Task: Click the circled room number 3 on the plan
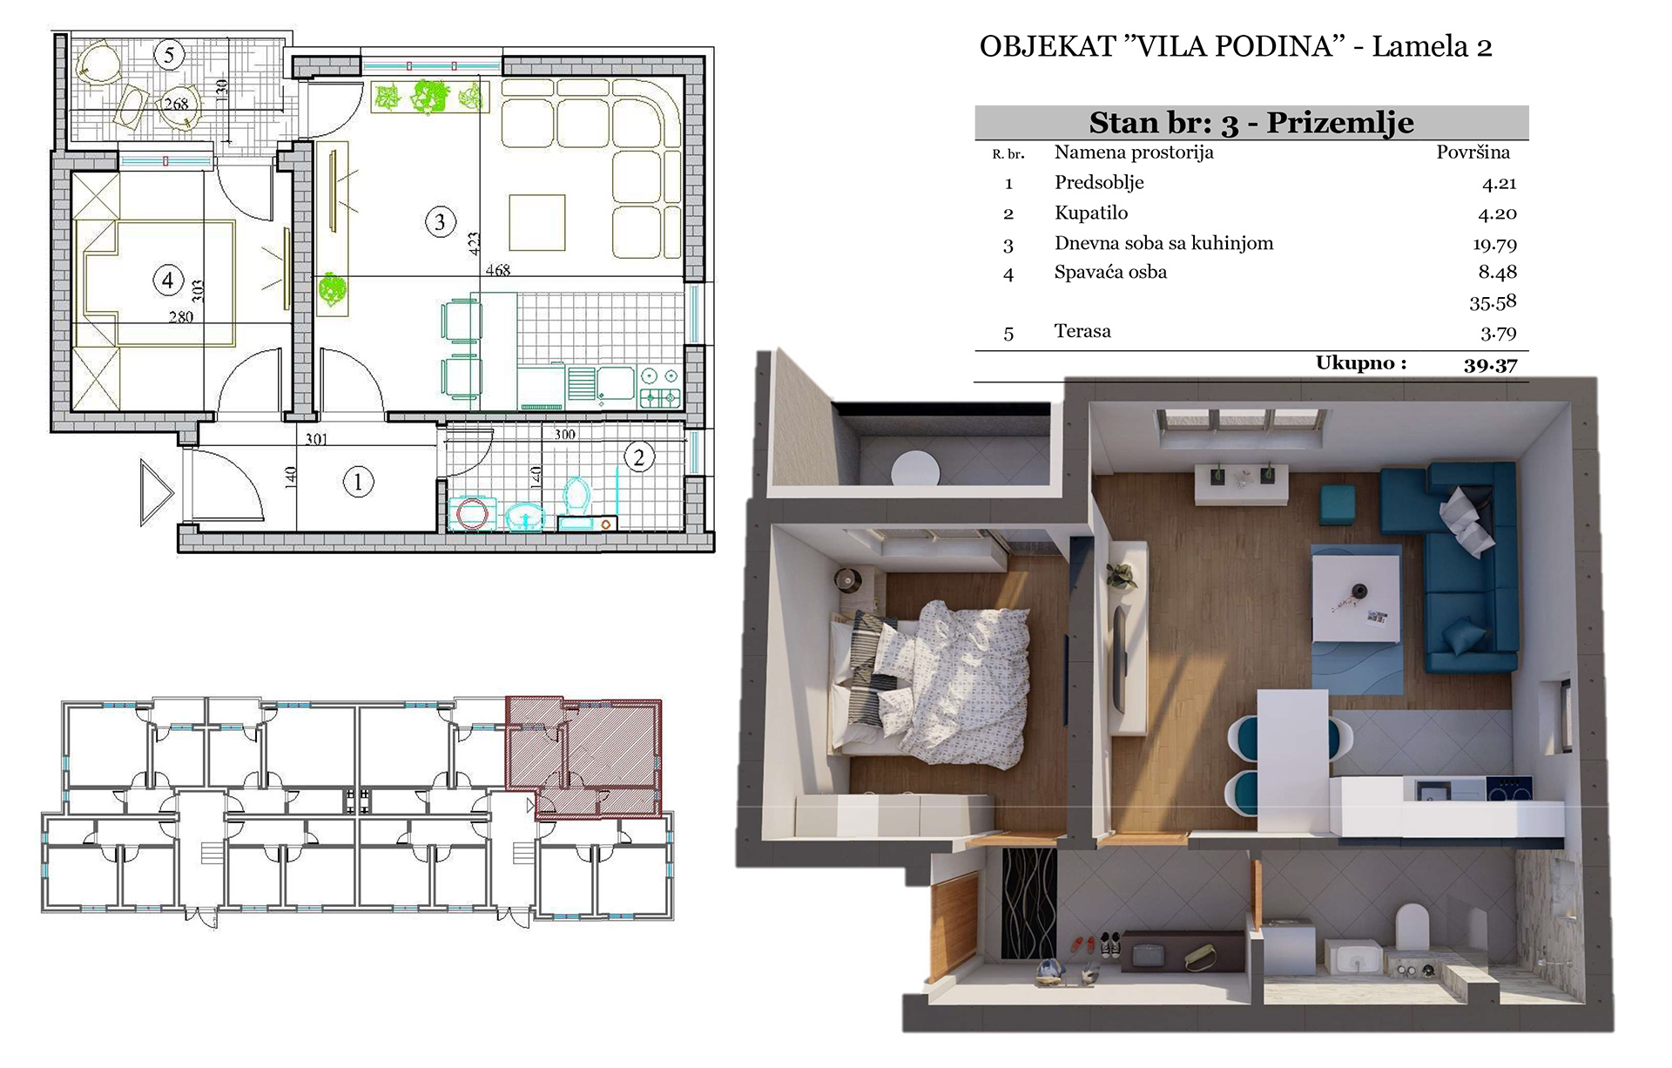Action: tap(440, 222)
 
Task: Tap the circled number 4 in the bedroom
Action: tap(167, 281)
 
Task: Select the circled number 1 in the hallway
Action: tap(357, 482)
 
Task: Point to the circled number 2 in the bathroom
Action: tap(639, 457)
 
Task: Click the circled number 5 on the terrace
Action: tap(169, 55)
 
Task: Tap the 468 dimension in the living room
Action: tap(498, 271)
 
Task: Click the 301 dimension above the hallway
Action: tap(316, 440)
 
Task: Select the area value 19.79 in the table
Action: tap(1494, 245)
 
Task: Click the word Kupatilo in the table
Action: tap(1090, 213)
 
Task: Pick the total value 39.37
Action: tap(1491, 365)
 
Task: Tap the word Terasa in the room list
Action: tap(1082, 331)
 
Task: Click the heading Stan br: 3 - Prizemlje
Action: tap(1251, 123)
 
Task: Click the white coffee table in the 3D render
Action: tap(1355, 598)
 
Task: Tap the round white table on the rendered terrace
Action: tap(915, 468)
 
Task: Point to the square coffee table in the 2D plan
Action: tap(537, 223)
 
